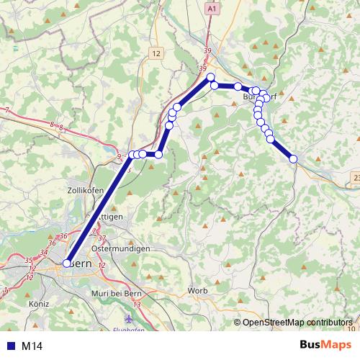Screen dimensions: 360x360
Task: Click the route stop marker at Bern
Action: click(67, 264)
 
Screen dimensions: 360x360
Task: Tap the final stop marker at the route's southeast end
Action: click(294, 160)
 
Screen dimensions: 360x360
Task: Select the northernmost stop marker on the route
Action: click(211, 77)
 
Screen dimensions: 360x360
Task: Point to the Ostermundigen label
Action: click(121, 248)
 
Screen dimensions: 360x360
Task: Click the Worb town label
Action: click(197, 290)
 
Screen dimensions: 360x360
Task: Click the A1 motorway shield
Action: click(211, 9)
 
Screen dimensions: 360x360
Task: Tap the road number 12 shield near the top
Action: click(157, 53)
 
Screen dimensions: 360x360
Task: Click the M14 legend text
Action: click(33, 346)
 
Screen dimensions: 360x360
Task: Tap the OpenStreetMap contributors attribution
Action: click(297, 322)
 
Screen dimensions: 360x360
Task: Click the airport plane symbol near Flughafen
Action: click(129, 318)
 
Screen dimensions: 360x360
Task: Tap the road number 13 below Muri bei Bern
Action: click(137, 305)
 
